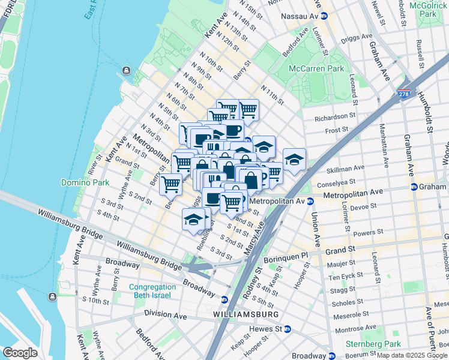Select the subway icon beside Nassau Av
point(324,16)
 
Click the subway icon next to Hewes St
point(288,329)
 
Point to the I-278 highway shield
point(404,94)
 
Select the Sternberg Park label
point(372,344)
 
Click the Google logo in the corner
point(20,352)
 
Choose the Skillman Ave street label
point(345,169)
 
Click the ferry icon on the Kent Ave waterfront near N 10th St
point(127,72)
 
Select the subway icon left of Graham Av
point(414,187)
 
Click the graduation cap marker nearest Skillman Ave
point(294,160)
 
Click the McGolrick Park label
point(427,9)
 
